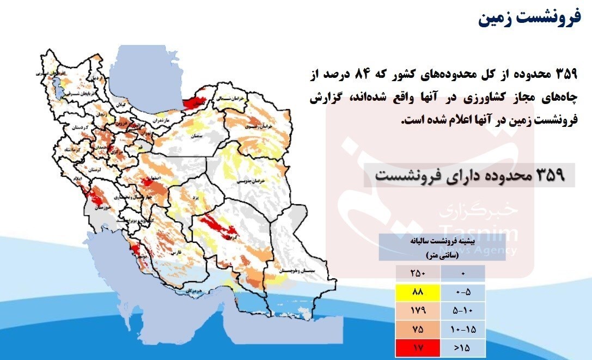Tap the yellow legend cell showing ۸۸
click(x=418, y=291)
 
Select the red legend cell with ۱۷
click(x=418, y=347)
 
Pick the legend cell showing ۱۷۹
click(x=418, y=310)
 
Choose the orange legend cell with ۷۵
click(x=418, y=328)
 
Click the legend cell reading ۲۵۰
click(x=418, y=273)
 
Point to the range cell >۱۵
click(x=462, y=347)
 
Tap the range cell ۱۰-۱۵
click(x=462, y=328)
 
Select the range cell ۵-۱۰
click(x=462, y=310)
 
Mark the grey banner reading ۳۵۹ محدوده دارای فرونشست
click(x=469, y=175)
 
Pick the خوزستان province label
click(x=99, y=208)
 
